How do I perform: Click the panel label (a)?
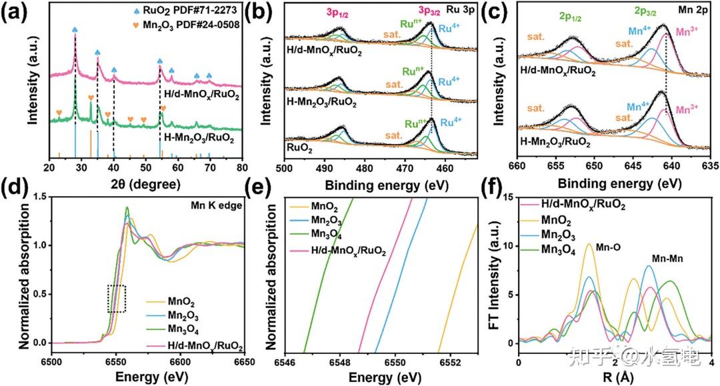(x=16, y=13)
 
